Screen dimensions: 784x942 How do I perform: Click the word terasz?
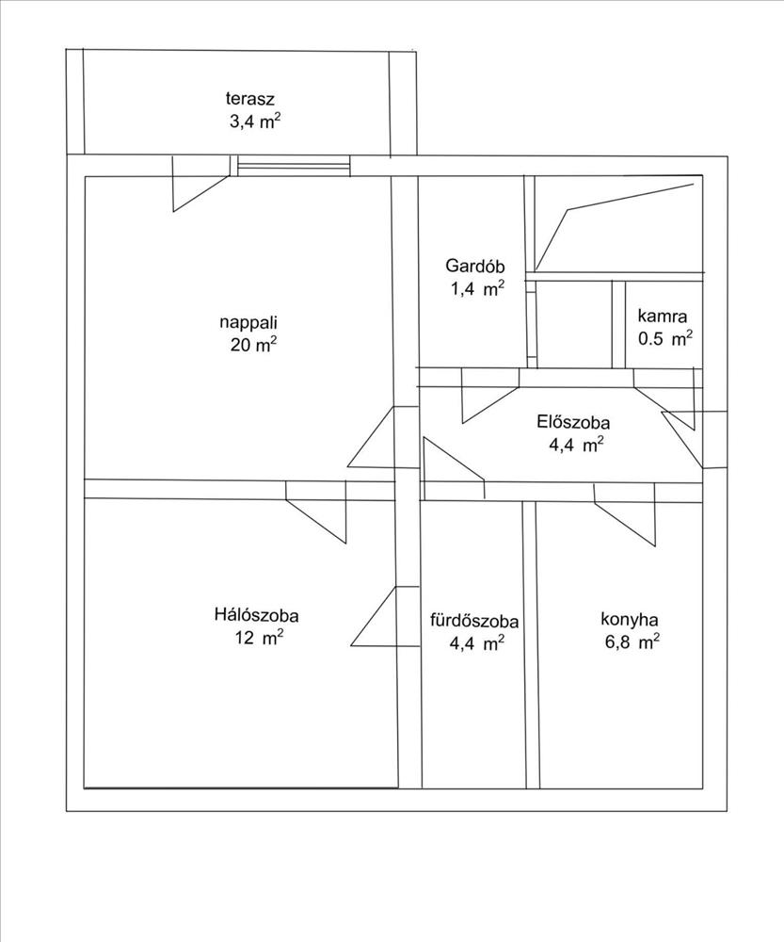[249, 99]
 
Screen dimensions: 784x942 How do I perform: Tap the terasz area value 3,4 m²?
[255, 122]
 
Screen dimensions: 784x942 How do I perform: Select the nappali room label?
[248, 322]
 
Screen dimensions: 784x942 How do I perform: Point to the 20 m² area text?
[253, 345]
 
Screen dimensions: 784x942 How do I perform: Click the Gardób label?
[475, 266]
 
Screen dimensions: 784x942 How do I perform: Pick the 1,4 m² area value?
[477, 289]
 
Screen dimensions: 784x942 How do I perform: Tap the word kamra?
[663, 316]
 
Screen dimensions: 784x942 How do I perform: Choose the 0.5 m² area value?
[665, 338]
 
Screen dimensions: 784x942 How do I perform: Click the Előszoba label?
[573, 422]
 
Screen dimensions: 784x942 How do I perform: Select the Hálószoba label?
[256, 615]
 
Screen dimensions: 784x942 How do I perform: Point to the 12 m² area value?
[260, 638]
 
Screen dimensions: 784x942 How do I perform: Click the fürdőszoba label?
[474, 621]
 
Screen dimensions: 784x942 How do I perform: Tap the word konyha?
[629, 620]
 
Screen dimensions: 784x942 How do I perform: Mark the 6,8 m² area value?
[632, 642]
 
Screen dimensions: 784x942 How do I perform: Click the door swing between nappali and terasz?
[201, 184]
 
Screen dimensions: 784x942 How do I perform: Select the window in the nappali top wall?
[294, 166]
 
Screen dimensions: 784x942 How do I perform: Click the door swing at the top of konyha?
[625, 515]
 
